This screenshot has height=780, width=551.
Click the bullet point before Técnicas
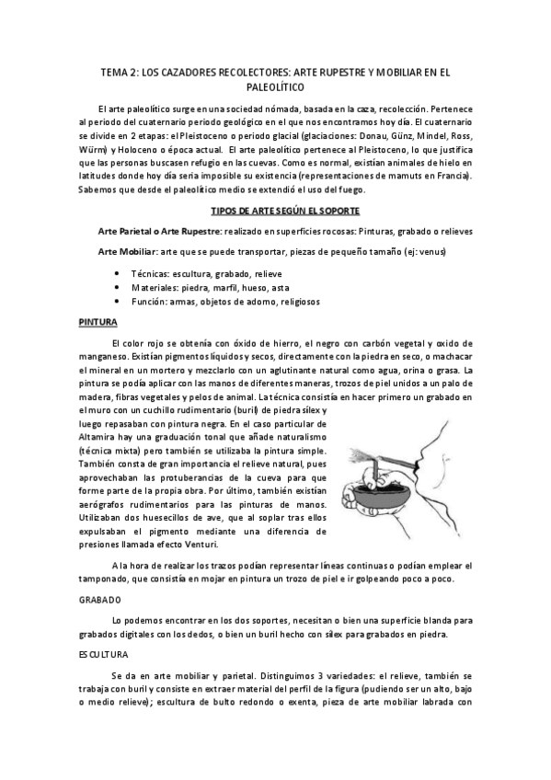(x=120, y=274)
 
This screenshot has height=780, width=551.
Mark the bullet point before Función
(x=120, y=301)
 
